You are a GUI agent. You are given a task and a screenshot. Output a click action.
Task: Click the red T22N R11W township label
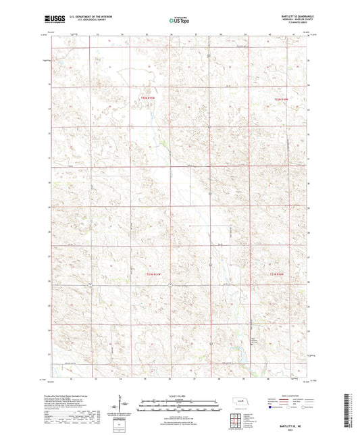(148, 99)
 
